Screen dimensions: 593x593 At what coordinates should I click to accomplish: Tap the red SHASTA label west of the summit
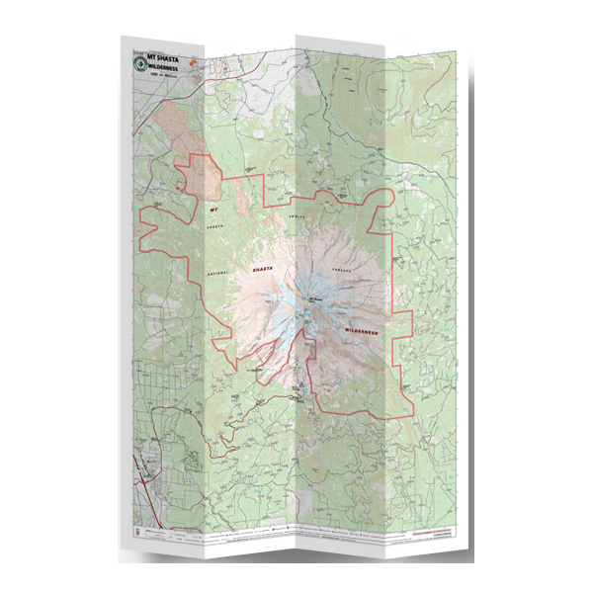(x=262, y=268)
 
